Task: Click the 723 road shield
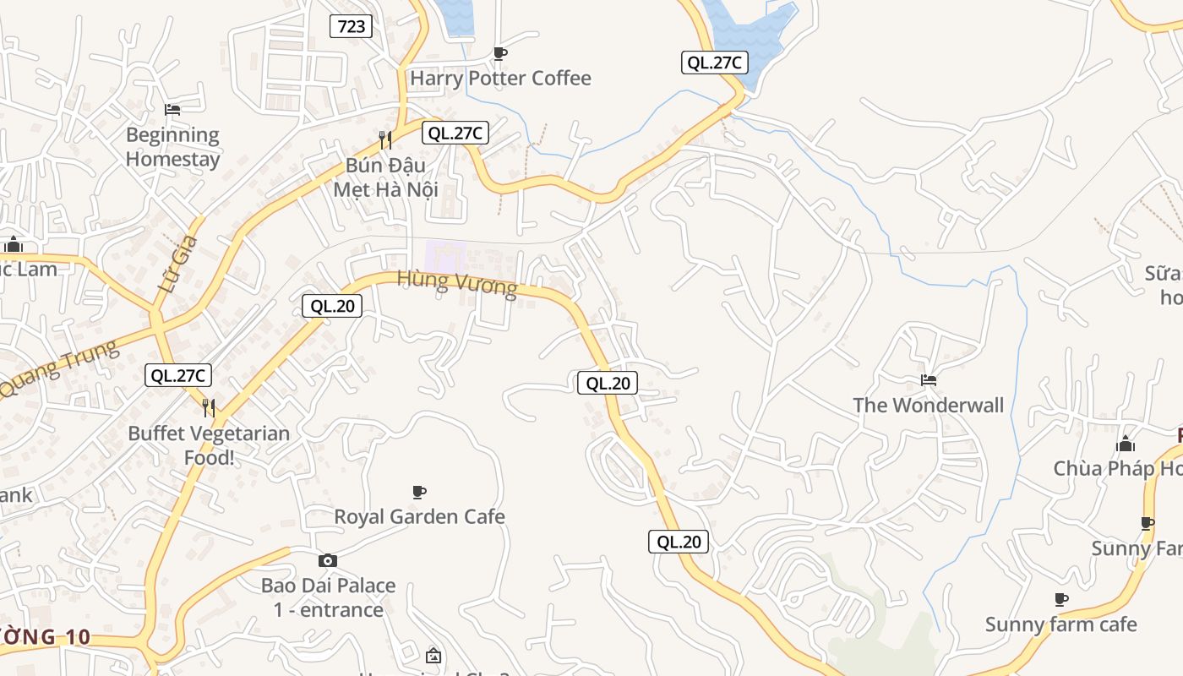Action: (352, 26)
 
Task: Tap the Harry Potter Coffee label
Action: (500, 79)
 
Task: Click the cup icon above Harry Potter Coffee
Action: (500, 54)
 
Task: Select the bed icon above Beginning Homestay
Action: (172, 110)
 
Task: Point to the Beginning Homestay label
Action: (172, 147)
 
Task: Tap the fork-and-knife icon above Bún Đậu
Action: (385, 139)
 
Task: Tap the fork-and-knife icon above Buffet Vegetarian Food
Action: (209, 408)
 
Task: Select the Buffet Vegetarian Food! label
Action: (209, 445)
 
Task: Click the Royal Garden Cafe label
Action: (419, 516)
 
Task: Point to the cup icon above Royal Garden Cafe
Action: (418, 492)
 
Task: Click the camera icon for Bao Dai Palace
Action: (328, 560)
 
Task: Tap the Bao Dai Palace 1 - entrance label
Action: (328, 597)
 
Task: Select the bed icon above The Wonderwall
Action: (929, 380)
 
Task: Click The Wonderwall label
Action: (929, 406)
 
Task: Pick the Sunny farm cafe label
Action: (1061, 625)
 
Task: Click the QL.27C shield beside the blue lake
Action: (714, 62)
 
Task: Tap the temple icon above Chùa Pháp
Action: (1126, 444)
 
